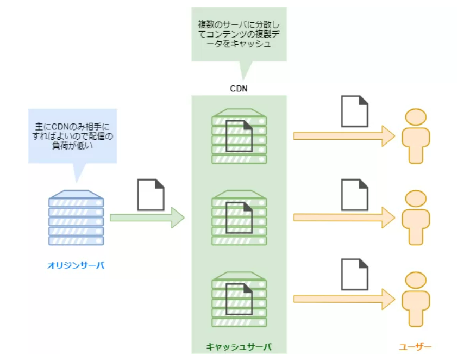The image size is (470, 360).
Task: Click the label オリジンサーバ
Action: tap(76, 266)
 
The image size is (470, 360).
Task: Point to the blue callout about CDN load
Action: tap(72, 136)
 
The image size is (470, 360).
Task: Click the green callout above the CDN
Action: tap(239, 34)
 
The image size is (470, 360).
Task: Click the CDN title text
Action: tap(239, 89)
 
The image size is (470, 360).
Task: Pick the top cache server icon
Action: tap(239, 136)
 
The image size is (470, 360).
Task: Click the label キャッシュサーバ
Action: tap(239, 346)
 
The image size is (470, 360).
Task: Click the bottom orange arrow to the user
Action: tap(343, 299)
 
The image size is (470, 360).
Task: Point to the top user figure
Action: tap(416, 136)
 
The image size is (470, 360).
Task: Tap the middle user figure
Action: tap(416, 218)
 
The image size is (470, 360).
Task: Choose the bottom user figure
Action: tap(416, 299)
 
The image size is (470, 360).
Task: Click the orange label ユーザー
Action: tap(415, 346)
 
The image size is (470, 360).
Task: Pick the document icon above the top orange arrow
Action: tap(354, 111)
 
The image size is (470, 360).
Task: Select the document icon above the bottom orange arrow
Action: tap(354, 275)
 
